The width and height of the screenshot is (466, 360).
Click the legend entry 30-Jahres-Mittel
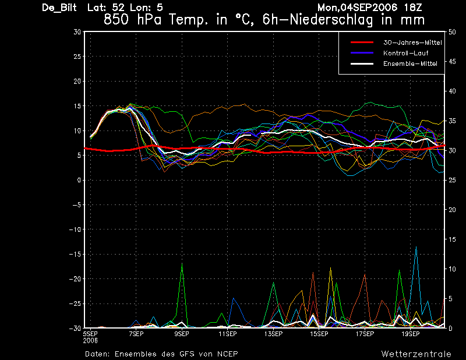(412, 43)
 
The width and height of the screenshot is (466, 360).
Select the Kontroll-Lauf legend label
(405, 53)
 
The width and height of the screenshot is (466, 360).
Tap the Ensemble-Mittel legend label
(410, 63)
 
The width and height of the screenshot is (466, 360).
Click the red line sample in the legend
(362, 43)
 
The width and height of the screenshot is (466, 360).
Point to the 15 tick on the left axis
(77, 106)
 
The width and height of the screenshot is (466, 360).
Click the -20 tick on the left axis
(75, 279)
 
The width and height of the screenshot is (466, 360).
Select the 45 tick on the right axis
(452, 62)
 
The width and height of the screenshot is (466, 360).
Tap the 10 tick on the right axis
(452, 269)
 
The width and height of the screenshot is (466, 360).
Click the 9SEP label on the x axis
(182, 334)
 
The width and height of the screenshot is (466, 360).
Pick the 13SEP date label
(273, 334)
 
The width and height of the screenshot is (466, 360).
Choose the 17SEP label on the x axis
(365, 334)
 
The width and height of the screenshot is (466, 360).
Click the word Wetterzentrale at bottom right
(416, 354)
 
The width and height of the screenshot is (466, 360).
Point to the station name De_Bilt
(59, 8)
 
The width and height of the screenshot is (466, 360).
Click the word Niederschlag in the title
(331, 20)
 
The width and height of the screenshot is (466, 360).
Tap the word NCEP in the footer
(227, 354)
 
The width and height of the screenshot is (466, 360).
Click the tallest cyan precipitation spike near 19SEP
(416, 247)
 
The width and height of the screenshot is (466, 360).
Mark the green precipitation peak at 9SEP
(182, 263)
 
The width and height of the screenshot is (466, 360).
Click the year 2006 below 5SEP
(90, 341)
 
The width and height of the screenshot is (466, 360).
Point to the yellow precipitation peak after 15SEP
(330, 268)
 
